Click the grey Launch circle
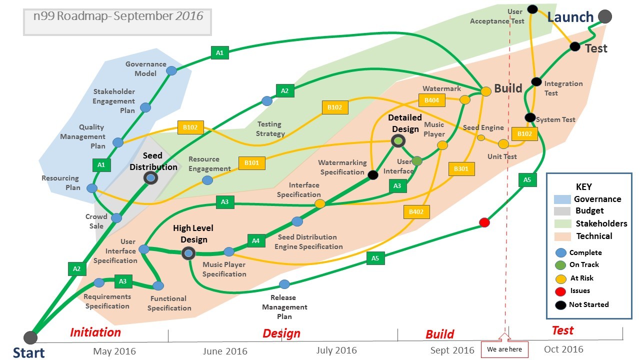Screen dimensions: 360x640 pos(605,16)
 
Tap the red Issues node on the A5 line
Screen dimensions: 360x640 pos(484,222)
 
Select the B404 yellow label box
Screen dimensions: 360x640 pos(431,100)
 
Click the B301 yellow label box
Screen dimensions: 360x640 pos(461,169)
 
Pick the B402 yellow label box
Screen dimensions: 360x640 pos(416,212)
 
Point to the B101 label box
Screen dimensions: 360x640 pos(251,162)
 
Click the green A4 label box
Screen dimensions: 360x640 pos(255,240)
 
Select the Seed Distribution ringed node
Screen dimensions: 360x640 pos(150,177)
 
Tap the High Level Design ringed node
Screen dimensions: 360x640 pos(188,253)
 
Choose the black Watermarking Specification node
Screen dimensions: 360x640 pos(372,174)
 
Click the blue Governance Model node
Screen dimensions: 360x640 pos(171,70)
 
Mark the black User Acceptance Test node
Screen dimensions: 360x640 pos(532,9)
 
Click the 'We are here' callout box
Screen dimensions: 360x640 pos(504,349)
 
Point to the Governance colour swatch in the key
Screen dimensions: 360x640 pos(562,199)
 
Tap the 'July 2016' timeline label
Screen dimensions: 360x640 pos(336,350)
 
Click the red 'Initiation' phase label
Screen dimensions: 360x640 pos(95,332)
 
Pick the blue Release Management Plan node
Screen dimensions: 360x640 pos(284,284)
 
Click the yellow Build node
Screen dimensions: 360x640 pos(486,91)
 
